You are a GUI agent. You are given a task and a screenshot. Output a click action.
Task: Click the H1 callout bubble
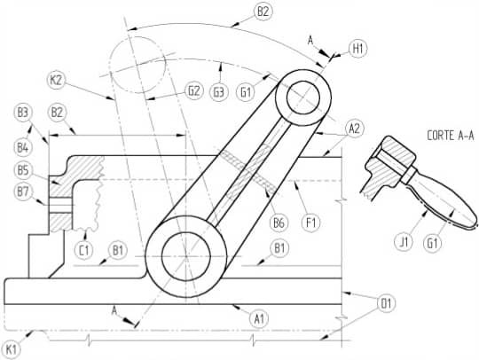click(357, 49)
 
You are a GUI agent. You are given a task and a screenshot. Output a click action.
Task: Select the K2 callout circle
click(57, 81)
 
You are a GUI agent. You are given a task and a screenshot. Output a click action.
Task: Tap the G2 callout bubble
click(194, 90)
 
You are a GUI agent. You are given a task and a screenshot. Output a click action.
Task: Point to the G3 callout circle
click(219, 92)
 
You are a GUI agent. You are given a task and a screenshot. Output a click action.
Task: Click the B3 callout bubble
click(23, 113)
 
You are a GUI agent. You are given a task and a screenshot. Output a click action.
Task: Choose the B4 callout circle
click(23, 148)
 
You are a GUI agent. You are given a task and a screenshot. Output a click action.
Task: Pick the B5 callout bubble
click(23, 170)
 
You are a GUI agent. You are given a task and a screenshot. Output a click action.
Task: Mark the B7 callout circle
click(23, 192)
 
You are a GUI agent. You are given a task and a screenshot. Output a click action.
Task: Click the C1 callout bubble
click(84, 250)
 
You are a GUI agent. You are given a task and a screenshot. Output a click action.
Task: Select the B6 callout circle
click(279, 223)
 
